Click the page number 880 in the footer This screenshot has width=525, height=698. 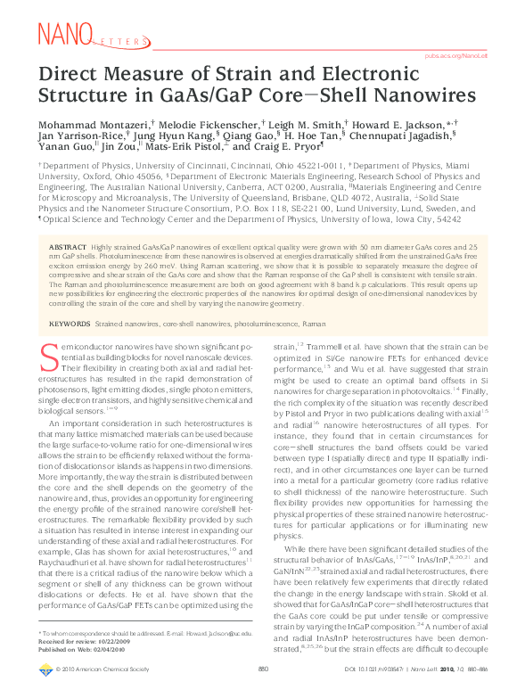263,691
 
